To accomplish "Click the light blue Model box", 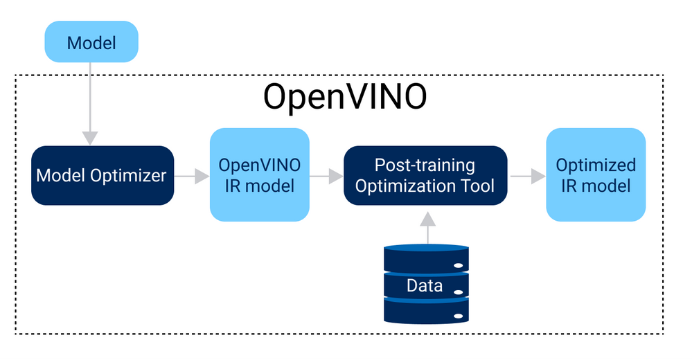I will [x=91, y=42].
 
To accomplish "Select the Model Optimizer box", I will [x=102, y=175].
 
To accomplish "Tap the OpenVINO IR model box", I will [x=259, y=175].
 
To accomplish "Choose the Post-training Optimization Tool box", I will [x=425, y=175].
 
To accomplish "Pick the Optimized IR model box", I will [x=596, y=175].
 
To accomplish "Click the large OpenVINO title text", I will [x=344, y=98].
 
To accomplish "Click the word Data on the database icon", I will [x=425, y=285].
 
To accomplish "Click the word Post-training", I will [x=425, y=165].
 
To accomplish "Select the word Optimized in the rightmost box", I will [x=596, y=165].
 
